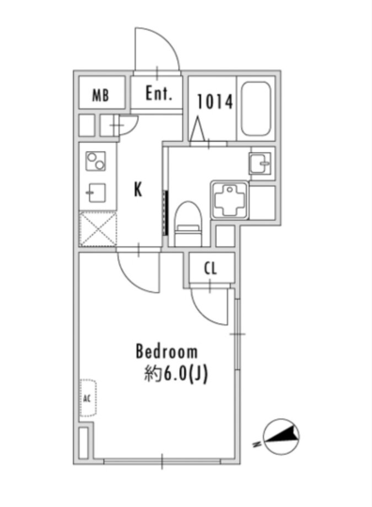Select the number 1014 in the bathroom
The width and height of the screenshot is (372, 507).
[x=215, y=101]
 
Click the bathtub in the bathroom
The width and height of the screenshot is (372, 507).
[x=256, y=109]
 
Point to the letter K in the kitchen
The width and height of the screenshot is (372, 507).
[x=138, y=190]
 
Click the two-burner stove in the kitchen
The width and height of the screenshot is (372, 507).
[x=95, y=161]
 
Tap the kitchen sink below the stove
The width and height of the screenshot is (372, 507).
[x=95, y=193]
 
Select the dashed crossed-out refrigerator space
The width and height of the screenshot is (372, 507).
[x=98, y=228]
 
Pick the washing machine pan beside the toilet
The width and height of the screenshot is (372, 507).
[x=230, y=201]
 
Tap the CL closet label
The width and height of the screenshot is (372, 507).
[x=211, y=269]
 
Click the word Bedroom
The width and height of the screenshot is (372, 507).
[x=166, y=352]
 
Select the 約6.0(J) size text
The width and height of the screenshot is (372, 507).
[x=176, y=375]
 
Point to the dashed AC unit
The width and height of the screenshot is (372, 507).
[x=88, y=398]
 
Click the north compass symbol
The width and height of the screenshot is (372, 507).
[x=281, y=437]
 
